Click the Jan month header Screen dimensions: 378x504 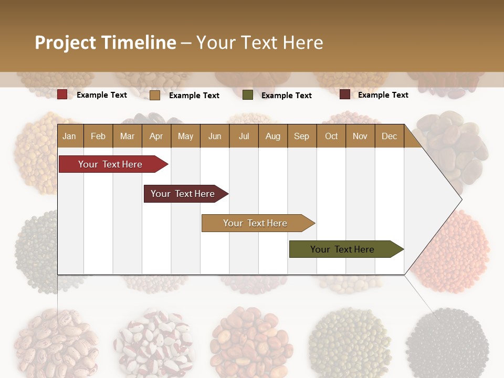coord(69,136)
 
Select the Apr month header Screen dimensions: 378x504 coord(156,136)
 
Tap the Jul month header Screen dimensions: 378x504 coord(244,136)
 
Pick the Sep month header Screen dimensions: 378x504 coord(301,136)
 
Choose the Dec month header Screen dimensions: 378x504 coord(389,136)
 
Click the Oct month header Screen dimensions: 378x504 coord(331,136)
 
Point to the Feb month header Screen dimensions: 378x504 coord(98,136)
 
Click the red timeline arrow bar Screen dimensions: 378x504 coord(110,164)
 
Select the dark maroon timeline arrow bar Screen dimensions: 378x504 coord(183,194)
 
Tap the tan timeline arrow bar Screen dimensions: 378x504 coord(255,223)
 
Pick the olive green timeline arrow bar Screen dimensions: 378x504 coord(342,249)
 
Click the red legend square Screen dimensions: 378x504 coord(62,94)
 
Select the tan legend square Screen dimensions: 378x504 coord(155,95)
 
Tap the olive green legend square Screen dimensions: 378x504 coord(248,95)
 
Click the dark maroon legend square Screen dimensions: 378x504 coord(344,94)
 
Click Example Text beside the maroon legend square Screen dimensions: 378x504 coord(383,94)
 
